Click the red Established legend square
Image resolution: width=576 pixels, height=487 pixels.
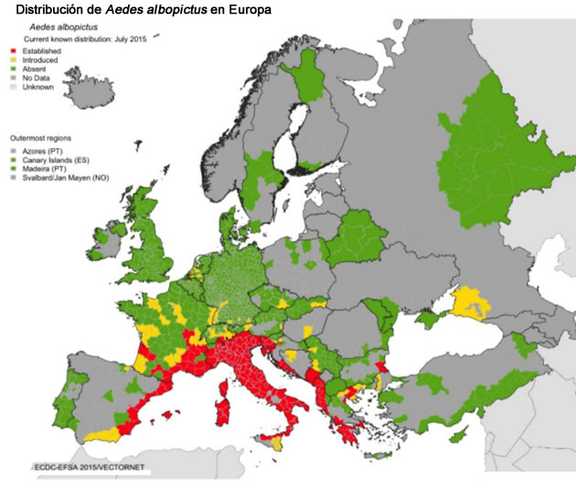tap(12, 51)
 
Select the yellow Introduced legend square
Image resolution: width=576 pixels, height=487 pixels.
tap(12, 60)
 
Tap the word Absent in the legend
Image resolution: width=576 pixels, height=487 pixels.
tap(35, 69)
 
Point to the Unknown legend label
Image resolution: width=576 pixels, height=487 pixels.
tap(37, 88)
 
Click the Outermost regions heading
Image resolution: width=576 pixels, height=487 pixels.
tap(40, 137)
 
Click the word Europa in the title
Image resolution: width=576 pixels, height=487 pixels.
tap(245, 10)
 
